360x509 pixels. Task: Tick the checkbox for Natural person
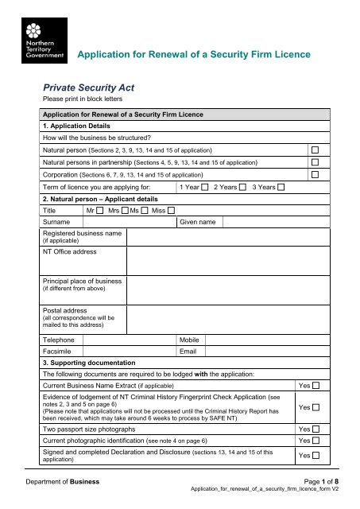coord(315,150)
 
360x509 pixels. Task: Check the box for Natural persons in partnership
coord(315,162)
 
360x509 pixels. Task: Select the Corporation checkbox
coord(315,174)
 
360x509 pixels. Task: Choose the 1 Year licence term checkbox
coord(205,187)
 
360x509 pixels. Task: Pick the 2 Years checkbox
coord(242,187)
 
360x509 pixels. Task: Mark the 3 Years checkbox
coord(281,187)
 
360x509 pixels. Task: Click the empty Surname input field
coord(130,223)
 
